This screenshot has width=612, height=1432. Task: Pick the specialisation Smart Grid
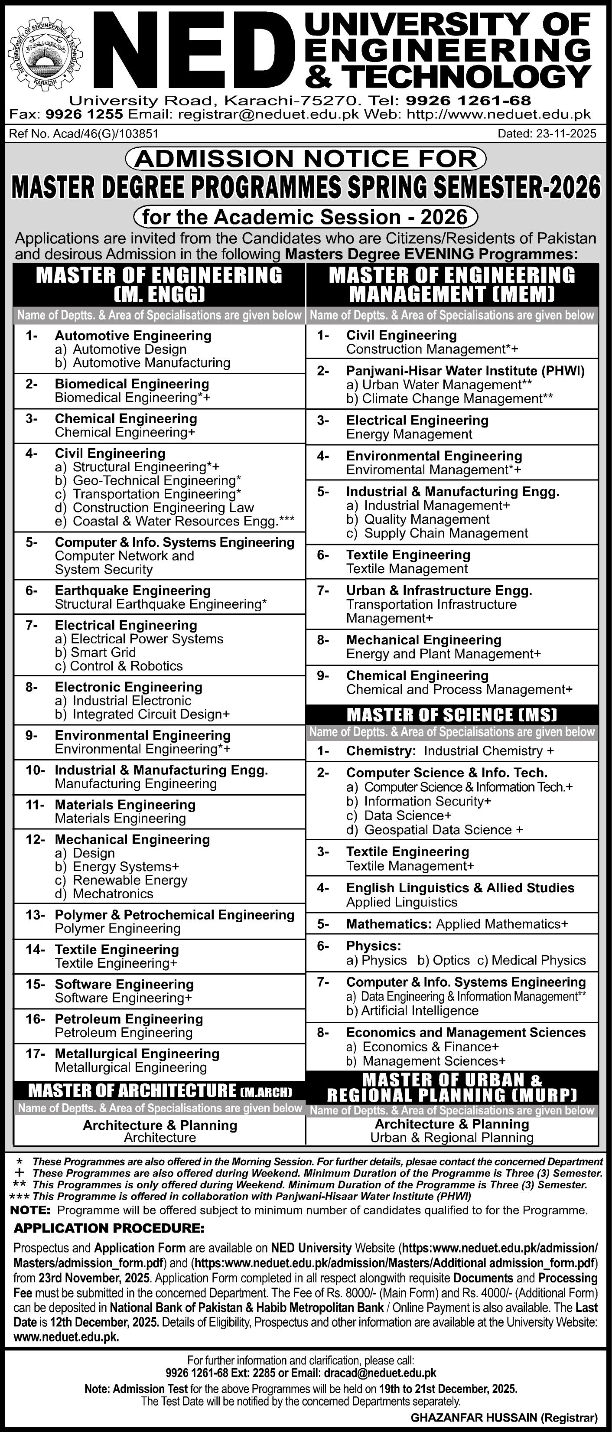coord(96,652)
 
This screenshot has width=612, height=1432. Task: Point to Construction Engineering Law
coord(163,508)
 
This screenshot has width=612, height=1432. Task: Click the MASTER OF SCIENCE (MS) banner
coord(452,714)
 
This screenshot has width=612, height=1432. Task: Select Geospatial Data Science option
coord(443,829)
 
